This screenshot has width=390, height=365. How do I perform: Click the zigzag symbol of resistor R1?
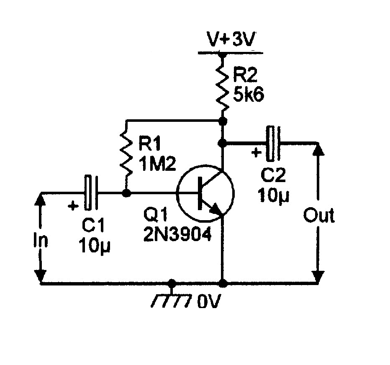(x=126, y=152)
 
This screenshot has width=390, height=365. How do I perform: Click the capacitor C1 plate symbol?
(x=91, y=193)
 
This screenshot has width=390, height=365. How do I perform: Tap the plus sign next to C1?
(x=74, y=206)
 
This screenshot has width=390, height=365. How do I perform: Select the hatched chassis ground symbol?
(x=172, y=298)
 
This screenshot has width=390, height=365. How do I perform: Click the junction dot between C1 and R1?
(x=126, y=193)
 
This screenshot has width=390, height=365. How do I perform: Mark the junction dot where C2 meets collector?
(x=223, y=143)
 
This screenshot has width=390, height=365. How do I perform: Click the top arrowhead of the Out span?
(x=319, y=149)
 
